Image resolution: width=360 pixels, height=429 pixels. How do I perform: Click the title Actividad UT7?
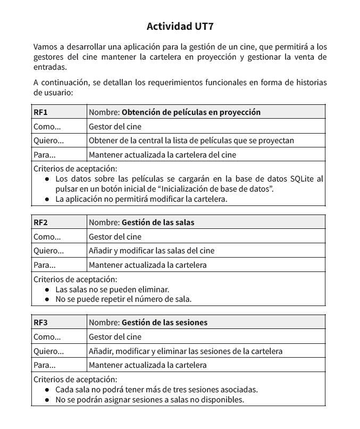coord(180,26)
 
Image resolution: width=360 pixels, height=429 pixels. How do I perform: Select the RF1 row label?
coord(41,112)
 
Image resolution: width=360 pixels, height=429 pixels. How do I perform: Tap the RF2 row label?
coord(41,222)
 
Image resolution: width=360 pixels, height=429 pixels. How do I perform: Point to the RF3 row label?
coord(41,322)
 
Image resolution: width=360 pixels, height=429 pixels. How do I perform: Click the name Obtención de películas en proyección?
coord(191,112)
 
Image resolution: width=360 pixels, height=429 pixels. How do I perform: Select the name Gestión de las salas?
coord(158,222)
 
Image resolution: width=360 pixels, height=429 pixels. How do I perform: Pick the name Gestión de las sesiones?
coord(164,322)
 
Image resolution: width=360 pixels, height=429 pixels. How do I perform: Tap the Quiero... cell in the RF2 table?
coord(48,251)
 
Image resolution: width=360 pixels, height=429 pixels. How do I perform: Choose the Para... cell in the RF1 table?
coord(45,155)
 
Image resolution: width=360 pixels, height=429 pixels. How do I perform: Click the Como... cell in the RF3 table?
coord(47,337)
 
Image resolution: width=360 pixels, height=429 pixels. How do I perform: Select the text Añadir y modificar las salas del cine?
coord(152,251)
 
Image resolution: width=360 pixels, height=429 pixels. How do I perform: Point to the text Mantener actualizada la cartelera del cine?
coord(162,155)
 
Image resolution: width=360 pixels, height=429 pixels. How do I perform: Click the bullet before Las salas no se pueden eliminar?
coord(47,290)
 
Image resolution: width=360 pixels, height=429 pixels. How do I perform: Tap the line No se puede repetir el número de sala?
coord(123,299)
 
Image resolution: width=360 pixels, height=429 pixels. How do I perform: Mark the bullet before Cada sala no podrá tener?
coord(47,390)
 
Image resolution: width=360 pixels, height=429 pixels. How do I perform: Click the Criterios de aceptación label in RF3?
coord(75,379)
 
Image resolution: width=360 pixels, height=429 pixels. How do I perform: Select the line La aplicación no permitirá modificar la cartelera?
coord(141,199)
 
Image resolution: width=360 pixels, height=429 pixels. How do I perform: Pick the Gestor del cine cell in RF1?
coord(115,127)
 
